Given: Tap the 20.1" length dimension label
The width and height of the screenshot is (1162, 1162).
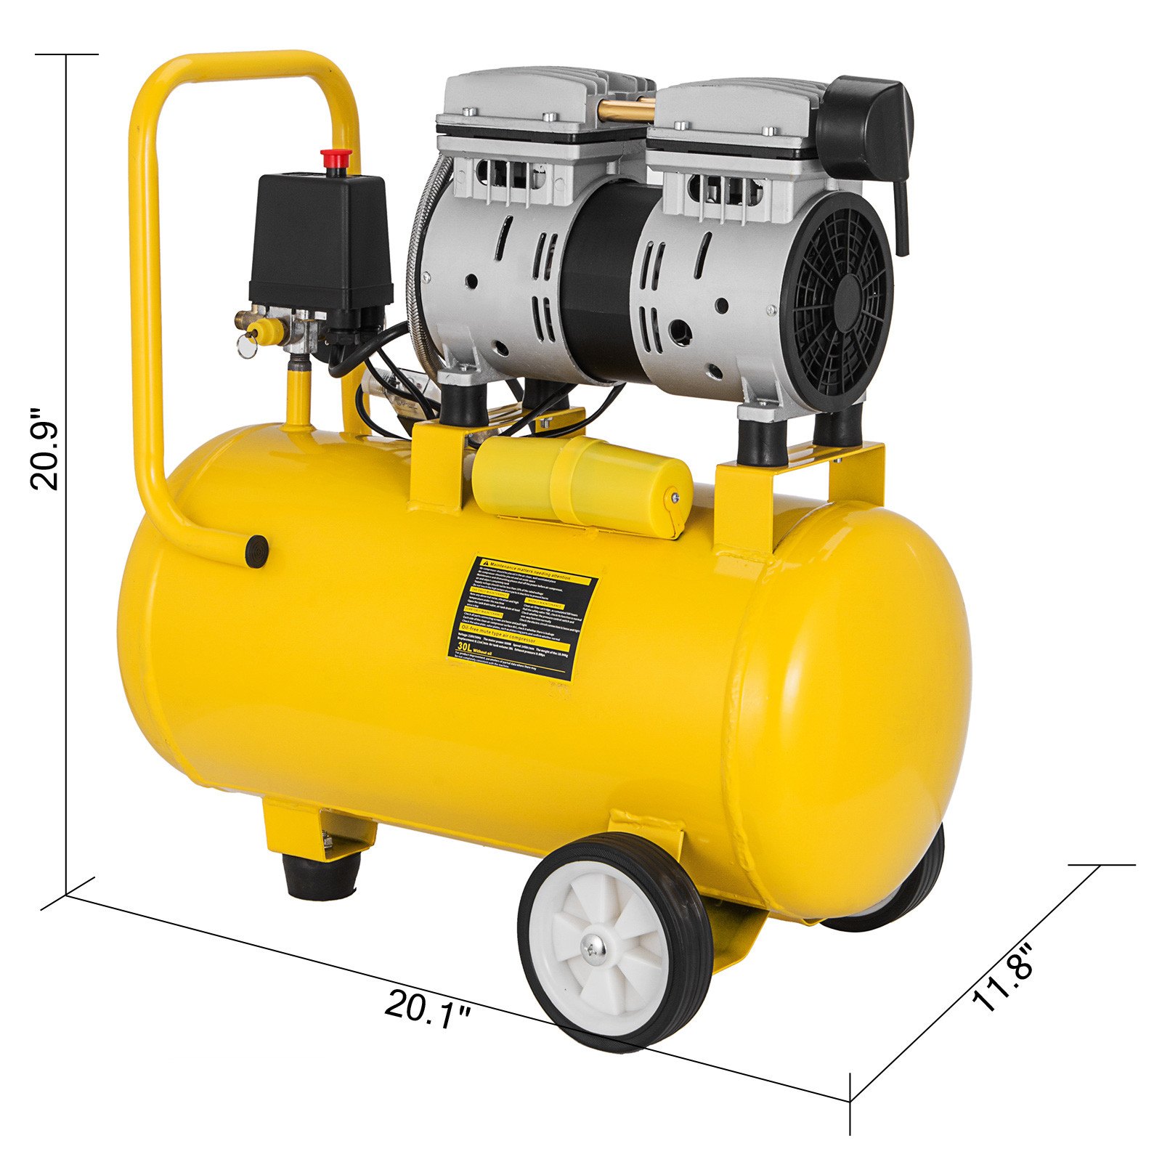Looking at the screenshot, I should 427,1009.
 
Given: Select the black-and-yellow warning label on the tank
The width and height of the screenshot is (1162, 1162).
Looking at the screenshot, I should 521,617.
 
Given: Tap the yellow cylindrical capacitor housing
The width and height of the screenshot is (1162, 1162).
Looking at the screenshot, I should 581,483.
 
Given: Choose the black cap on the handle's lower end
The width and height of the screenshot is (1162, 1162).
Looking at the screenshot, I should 256,550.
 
